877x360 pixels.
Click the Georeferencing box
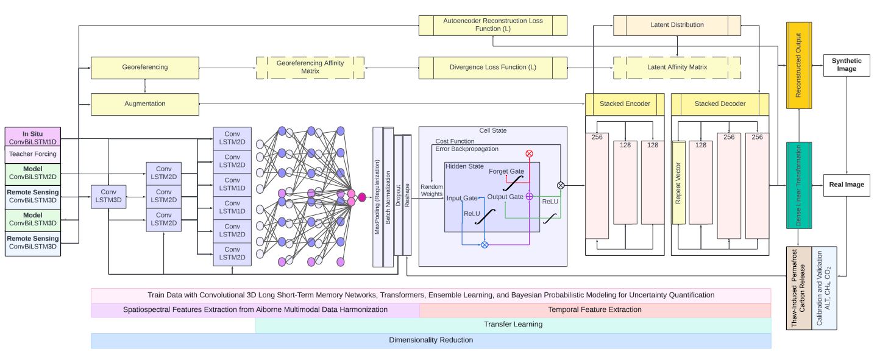[145, 67]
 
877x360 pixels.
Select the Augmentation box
[145, 104]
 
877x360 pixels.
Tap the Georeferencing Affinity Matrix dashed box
[310, 67]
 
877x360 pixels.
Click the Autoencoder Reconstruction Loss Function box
[493, 25]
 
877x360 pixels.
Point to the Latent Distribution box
[676, 25]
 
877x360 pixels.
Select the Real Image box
[847, 185]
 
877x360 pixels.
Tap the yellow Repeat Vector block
[679, 191]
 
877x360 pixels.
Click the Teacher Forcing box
[33, 155]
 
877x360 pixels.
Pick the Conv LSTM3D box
[108, 197]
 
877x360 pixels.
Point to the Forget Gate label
[505, 171]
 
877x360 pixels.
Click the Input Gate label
[462, 198]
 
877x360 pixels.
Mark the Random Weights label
[432, 190]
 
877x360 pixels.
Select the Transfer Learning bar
[513, 325]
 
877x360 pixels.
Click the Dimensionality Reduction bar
[430, 341]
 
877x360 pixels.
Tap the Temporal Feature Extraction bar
[595, 310]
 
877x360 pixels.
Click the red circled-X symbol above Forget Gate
[529, 154]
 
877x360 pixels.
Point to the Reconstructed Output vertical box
[798, 66]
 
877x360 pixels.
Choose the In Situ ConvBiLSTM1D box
[33, 137]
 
